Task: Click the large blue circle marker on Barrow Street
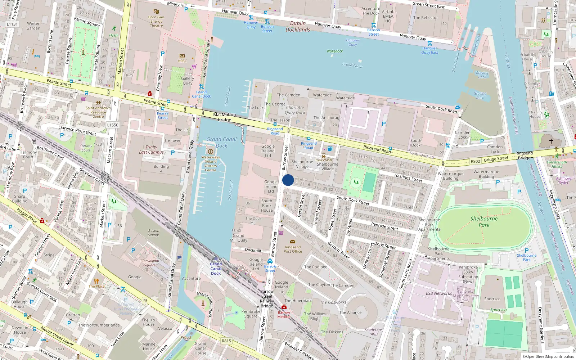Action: (288, 180)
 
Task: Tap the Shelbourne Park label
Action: (484, 222)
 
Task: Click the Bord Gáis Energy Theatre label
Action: (156, 21)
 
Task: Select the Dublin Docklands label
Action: (298, 26)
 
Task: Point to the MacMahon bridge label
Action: (224, 117)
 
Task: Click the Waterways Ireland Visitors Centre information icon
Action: (211, 152)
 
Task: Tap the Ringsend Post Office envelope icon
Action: (292, 242)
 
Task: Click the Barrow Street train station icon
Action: (270, 261)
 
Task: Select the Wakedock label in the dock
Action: (335, 51)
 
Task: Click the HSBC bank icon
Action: (182, 56)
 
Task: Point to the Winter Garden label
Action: (33, 26)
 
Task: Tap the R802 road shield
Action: (475, 161)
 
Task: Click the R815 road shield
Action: (226, 341)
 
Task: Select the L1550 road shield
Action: (113, 125)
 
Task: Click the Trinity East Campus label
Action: (151, 149)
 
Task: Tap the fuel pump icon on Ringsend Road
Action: (330, 149)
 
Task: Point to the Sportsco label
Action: (492, 299)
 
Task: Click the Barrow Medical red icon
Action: (284, 307)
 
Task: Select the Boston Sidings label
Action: (154, 233)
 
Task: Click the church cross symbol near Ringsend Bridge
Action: (551, 141)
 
